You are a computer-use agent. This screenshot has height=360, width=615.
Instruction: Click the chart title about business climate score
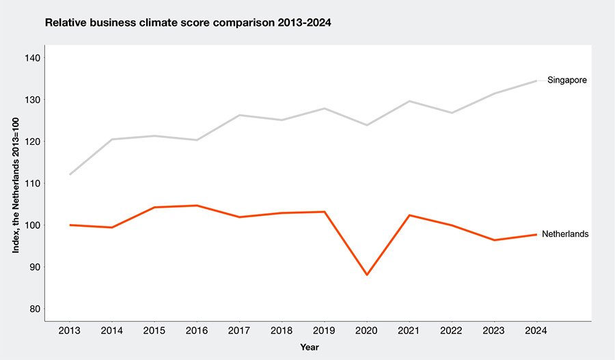point(188,23)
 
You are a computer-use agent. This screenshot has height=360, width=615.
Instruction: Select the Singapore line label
point(567,81)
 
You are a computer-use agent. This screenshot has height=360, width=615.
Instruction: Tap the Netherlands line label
point(564,234)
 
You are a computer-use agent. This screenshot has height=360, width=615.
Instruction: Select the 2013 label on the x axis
point(70,331)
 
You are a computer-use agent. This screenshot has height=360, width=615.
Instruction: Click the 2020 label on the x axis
point(366,331)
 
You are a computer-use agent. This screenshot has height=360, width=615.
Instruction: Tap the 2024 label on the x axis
point(536,331)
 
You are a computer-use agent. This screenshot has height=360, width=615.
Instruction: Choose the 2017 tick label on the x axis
point(239,331)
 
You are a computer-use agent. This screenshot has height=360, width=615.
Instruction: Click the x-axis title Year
point(310,347)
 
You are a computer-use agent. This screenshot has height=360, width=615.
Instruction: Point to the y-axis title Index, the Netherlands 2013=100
point(15,183)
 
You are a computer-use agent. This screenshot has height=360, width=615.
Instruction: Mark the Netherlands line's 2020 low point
point(366,275)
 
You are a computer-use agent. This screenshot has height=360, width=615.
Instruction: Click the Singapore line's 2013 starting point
point(70,174)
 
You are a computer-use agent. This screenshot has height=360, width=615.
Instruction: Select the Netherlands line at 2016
point(197,206)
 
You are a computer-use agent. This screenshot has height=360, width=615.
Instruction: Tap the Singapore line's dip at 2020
point(366,125)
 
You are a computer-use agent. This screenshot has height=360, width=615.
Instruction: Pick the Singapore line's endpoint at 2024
point(536,81)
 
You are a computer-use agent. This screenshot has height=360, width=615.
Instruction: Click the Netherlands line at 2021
point(409,215)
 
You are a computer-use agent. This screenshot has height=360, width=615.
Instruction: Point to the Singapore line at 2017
point(239,115)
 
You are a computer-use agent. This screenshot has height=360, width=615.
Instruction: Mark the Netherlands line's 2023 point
point(493,240)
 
